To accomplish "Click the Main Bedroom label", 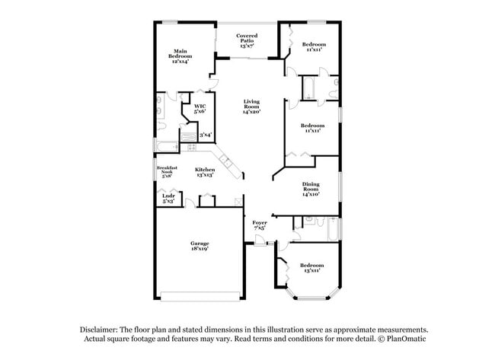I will tap(180, 56).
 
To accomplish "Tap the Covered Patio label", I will tap(246, 40).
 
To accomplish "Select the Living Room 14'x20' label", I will tap(251, 107).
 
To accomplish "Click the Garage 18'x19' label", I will tap(200, 245).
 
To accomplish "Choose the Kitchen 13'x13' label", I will tap(204, 171).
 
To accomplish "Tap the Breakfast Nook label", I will tap(167, 170).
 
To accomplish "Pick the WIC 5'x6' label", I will tap(200, 108).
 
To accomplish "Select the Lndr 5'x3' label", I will tap(168, 198).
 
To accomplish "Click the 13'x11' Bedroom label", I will tap(308, 267).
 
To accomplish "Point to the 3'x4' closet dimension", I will tap(205, 135).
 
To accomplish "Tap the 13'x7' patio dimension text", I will tap(246, 46).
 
